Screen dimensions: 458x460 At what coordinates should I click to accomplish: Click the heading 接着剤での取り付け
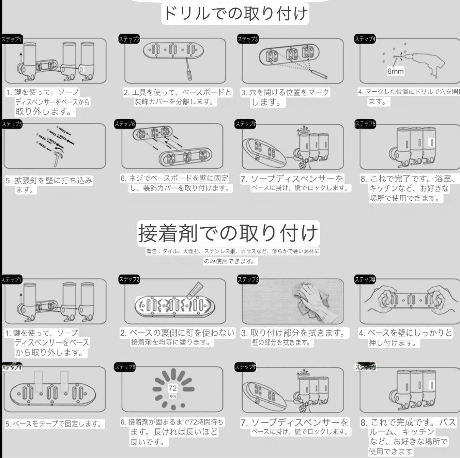click(228, 233)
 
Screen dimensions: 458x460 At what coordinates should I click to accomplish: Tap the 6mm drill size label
click(395, 71)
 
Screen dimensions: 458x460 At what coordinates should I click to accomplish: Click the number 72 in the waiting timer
click(172, 388)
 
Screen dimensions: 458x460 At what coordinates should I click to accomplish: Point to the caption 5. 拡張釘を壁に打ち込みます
click(49, 185)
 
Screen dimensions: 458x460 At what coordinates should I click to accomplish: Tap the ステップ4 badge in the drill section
click(365, 39)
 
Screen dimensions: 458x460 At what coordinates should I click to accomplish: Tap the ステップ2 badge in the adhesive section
click(129, 279)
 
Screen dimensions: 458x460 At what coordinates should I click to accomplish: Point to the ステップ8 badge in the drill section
click(365, 124)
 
